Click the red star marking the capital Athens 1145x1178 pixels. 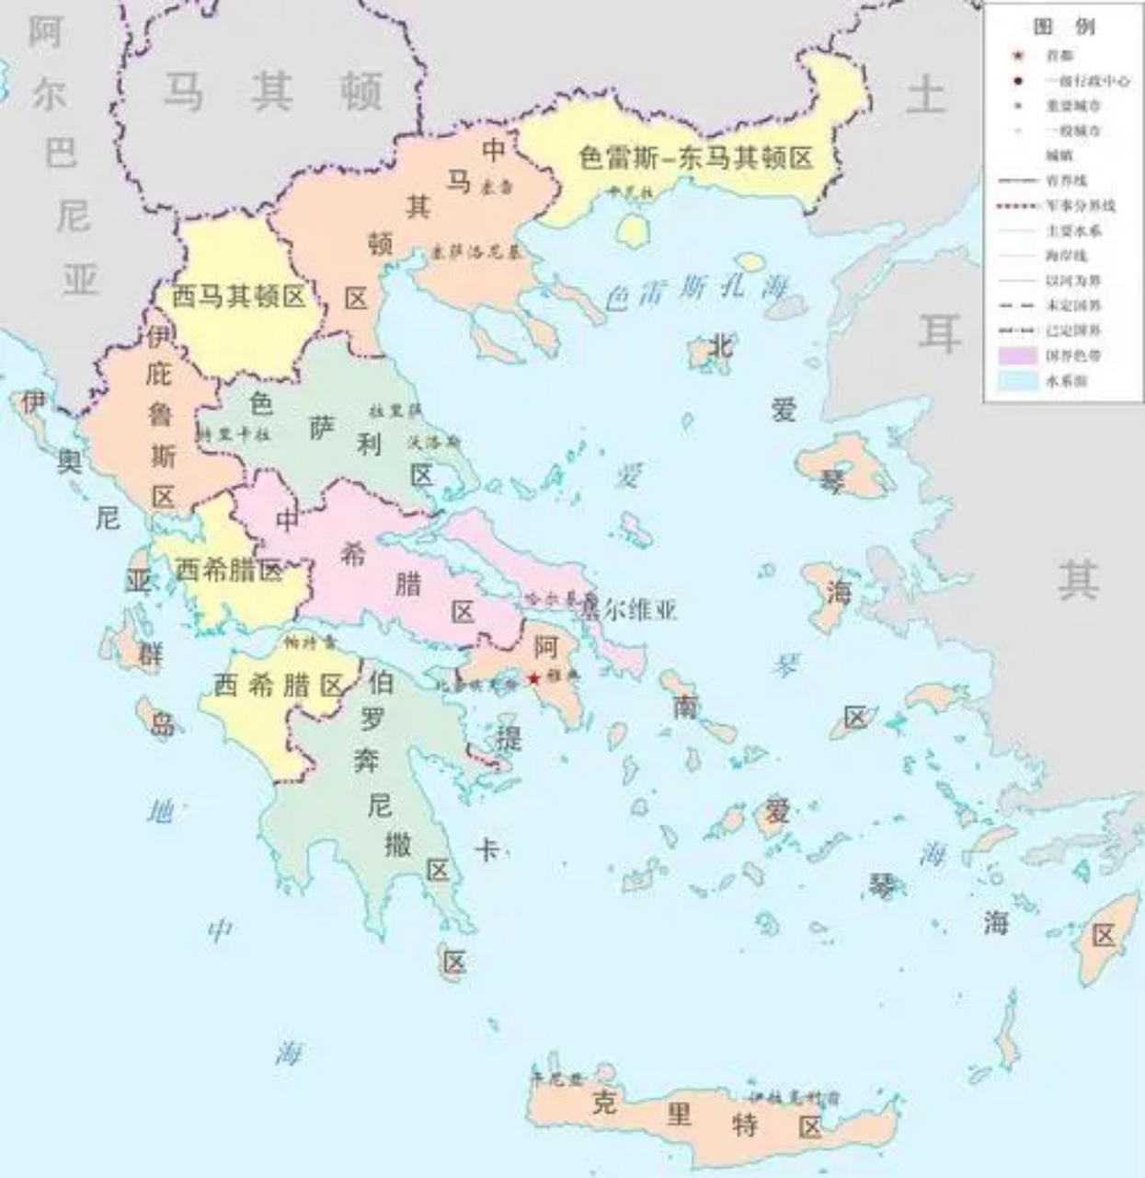(533, 678)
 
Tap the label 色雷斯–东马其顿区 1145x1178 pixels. (696, 158)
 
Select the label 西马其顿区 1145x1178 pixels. (238, 296)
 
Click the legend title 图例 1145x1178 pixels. (1063, 26)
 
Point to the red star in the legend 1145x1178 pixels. (1018, 56)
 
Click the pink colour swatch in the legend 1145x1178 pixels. (1018, 355)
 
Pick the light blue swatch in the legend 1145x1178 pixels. (1018, 380)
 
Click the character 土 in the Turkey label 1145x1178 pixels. (926, 95)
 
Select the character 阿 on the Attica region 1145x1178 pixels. (546, 647)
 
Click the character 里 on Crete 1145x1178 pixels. (679, 1114)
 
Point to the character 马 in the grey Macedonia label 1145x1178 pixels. (183, 92)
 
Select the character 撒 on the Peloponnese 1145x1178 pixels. (398, 843)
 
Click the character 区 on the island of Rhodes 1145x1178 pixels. (1103, 936)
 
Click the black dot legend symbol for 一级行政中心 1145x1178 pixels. (1018, 81)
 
